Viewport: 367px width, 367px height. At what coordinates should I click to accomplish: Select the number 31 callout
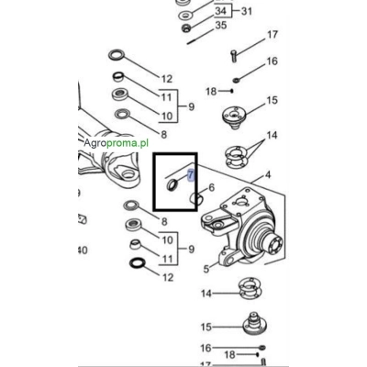point(246,11)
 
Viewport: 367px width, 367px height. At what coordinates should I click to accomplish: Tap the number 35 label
point(220,27)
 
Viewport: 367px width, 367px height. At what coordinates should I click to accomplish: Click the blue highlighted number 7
point(190,172)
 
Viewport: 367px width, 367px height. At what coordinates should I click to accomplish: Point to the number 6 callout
point(211,188)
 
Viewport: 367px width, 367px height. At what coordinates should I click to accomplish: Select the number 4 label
point(268,173)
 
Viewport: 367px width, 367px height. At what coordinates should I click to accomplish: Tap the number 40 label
point(83,250)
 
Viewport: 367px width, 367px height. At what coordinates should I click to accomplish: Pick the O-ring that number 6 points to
point(194,199)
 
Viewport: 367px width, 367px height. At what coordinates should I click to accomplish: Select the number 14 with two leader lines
point(272,134)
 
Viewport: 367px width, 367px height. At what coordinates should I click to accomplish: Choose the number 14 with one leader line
point(207,294)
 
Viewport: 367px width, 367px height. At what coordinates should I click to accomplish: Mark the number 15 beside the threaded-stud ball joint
point(206,327)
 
